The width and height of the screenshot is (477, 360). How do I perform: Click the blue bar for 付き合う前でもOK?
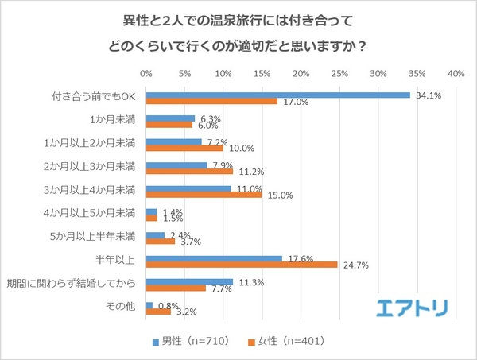278,95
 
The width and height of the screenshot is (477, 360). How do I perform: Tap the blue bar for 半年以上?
215,257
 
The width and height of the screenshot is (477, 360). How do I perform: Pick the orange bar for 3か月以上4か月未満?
204,194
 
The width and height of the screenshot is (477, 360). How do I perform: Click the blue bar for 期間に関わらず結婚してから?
190,281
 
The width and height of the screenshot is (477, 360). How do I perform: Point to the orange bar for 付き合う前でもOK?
211,101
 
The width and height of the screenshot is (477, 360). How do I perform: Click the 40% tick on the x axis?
456,73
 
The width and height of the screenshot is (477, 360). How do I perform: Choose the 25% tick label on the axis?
340,73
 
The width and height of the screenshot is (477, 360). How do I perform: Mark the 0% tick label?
146,73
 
